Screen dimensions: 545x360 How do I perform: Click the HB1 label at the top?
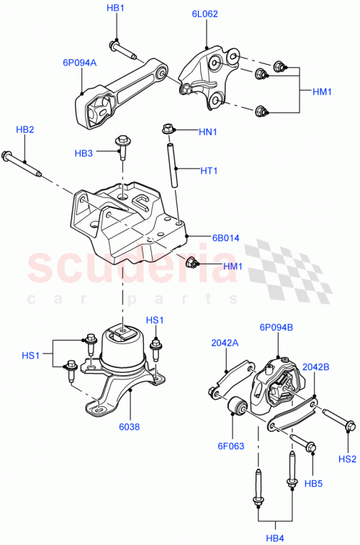115,8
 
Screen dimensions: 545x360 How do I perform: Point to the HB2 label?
25,130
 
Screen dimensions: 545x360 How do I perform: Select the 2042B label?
316,366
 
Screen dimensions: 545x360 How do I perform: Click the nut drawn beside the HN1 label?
168,130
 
